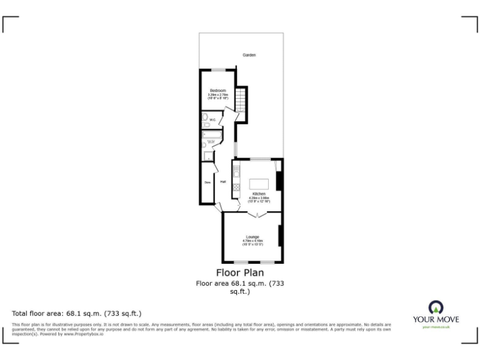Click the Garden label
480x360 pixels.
pos(249,55)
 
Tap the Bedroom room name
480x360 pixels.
pos(217,91)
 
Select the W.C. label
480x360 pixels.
pos(212,120)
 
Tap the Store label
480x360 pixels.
pos(207,182)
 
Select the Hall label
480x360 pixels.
pos(222,182)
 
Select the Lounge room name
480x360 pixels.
pos(252,237)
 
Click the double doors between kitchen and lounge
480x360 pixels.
pos(256,214)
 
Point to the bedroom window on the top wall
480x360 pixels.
pos(217,69)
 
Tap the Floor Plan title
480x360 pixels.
pos(240,272)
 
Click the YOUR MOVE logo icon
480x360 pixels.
pos(435,307)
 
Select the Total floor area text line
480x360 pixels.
pos(77,312)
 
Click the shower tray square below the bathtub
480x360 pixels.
pos(209,149)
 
